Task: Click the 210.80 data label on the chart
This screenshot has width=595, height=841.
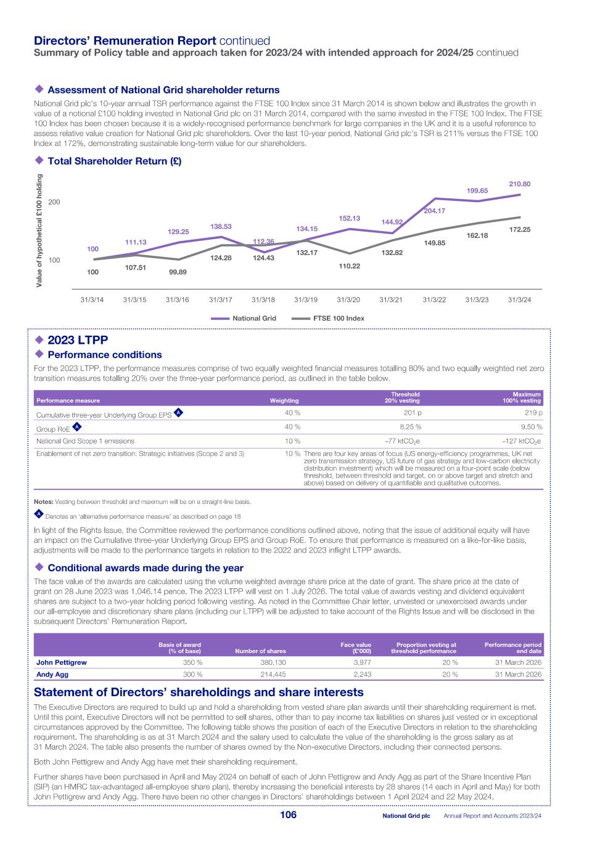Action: click(519, 184)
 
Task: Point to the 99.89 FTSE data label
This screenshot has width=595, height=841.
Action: click(178, 272)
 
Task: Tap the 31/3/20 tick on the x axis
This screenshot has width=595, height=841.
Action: click(348, 300)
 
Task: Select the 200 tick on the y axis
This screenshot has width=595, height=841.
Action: click(54, 202)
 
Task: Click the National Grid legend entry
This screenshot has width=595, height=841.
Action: click(244, 319)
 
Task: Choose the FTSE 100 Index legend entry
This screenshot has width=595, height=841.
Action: click(327, 319)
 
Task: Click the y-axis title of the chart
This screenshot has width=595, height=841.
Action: click(39, 231)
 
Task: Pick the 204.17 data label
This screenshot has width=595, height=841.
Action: click(434, 211)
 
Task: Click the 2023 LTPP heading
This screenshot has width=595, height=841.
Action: click(77, 340)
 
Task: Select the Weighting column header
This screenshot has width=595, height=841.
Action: click(284, 400)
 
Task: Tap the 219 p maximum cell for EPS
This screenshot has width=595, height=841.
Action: click(533, 413)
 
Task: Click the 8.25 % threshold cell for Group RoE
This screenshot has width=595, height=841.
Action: click(410, 427)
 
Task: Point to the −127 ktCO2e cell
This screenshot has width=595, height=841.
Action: click(522, 441)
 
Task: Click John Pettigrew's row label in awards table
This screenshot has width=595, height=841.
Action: click(62, 662)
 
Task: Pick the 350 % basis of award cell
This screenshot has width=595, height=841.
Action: click(192, 662)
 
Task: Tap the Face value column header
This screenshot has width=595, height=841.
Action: click(356, 648)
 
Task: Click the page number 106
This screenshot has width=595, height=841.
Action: click(288, 815)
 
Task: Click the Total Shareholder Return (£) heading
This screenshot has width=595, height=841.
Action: click(114, 161)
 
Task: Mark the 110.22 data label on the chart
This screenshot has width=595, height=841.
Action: click(349, 266)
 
